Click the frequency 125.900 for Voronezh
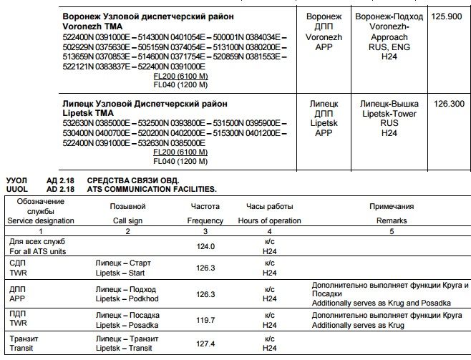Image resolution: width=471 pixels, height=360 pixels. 445,15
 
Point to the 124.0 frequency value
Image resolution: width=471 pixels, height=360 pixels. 206,246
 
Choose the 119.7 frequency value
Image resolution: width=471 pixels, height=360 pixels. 206,319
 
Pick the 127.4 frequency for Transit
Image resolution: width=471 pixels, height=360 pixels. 206,344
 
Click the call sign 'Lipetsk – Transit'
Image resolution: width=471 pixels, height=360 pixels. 125,348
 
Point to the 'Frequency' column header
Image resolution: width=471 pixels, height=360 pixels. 205,220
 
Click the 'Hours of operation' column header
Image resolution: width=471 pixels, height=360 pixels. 269,220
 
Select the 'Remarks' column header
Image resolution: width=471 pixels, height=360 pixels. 391,220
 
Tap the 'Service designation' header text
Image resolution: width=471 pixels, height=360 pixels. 40,220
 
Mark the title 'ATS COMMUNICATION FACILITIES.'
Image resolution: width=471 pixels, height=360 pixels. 152,189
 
